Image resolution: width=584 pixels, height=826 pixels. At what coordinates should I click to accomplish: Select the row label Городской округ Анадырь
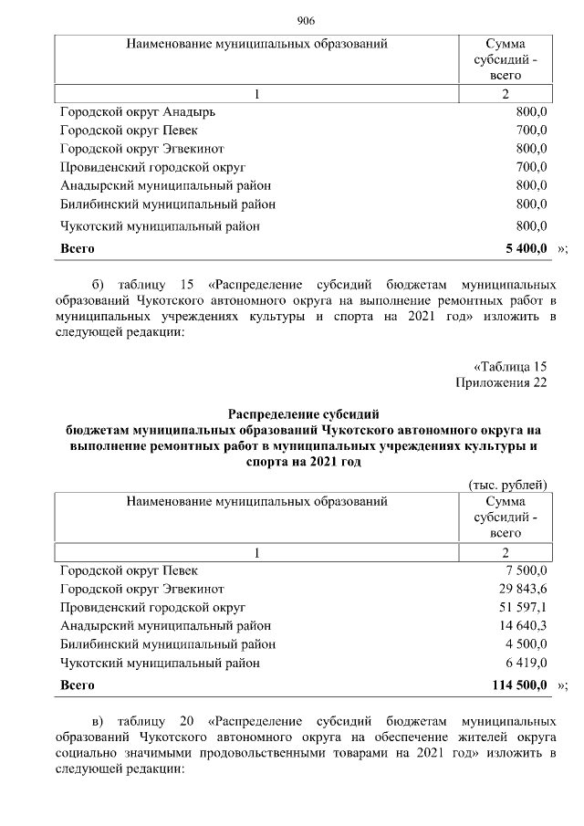139,111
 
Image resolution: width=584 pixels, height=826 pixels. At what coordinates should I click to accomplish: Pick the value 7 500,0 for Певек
527,570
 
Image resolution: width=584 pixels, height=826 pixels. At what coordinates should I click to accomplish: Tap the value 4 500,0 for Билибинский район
527,643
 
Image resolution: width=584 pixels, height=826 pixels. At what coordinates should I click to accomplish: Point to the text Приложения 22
501,382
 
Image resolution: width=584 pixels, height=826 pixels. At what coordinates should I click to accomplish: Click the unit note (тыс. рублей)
506,485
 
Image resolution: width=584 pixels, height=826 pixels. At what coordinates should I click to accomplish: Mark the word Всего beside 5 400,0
78,247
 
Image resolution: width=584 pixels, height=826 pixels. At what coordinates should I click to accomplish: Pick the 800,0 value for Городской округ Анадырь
531,111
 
